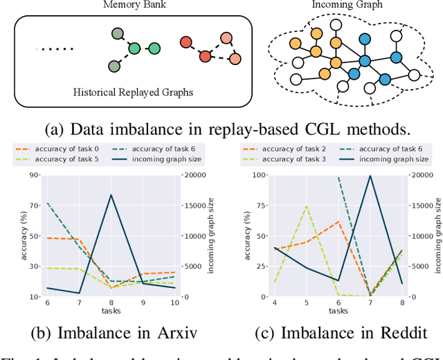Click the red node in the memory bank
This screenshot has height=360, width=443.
186,43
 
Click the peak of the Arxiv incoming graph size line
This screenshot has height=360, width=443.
111,195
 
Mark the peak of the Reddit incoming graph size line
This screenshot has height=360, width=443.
371,176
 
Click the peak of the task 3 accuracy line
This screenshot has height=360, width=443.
307,206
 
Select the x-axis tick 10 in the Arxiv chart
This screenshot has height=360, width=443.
174,303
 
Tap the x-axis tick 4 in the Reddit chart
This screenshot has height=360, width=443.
275,303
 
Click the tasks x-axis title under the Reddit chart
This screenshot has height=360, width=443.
339,311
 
